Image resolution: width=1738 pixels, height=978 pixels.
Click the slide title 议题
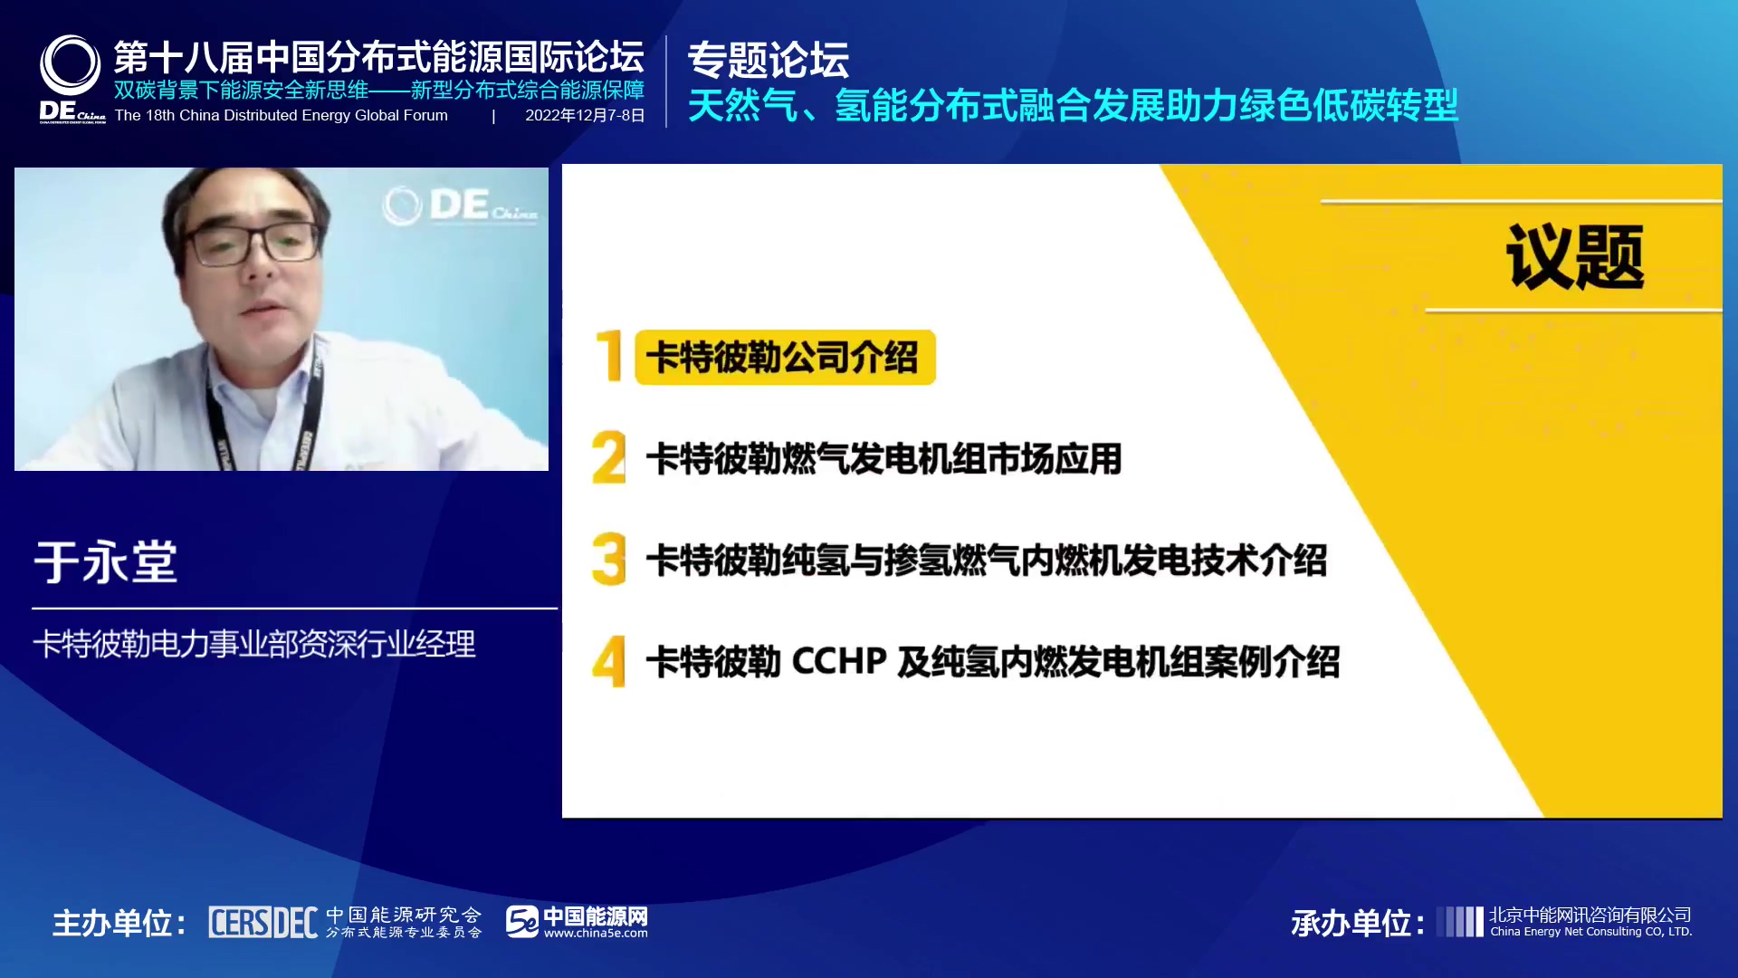tap(1575, 257)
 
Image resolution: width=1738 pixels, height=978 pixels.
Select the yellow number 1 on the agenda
tap(610, 356)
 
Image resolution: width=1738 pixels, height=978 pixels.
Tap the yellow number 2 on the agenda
tap(609, 457)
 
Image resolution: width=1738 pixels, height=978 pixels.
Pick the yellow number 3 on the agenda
tap(609, 559)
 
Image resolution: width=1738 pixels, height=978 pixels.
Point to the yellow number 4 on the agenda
tap(609, 661)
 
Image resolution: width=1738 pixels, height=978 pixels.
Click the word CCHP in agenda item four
tap(839, 661)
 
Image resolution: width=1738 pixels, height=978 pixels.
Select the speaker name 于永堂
tap(106, 561)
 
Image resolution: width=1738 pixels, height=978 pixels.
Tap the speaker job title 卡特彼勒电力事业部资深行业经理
tap(254, 644)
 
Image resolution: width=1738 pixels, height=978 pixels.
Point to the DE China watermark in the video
tap(461, 206)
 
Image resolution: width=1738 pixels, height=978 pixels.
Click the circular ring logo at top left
tap(70, 65)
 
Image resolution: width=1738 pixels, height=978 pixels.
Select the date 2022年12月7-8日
tap(585, 115)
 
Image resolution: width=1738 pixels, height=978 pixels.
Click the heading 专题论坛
tap(769, 60)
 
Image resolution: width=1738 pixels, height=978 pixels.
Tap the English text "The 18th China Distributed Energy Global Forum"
tap(282, 115)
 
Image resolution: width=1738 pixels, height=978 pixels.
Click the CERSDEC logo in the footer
tap(263, 922)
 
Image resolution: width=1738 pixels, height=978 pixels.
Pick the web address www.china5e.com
tap(596, 934)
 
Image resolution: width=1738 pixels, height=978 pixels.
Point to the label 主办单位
tap(119, 923)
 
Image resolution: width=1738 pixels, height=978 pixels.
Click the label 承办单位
tap(1357, 923)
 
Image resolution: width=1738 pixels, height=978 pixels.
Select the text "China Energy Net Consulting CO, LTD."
tap(1591, 932)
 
